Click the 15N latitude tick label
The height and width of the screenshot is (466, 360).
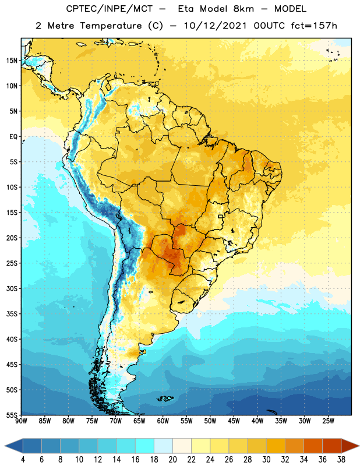coord(12,61)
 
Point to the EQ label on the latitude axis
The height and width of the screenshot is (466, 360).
coord(13,137)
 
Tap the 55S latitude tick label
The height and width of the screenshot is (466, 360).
coord(12,415)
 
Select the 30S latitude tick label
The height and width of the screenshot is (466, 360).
coord(12,288)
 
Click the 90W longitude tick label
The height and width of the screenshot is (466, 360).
coord(21,421)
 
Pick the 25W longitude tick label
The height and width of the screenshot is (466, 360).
coord(328,421)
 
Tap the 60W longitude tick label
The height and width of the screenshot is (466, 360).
coord(163,421)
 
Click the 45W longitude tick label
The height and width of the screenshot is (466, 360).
coord(234,421)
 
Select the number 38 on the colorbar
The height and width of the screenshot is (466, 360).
coord(341,460)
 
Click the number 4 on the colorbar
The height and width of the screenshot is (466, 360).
coord(23,460)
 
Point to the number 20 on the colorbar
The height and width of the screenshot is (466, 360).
coord(172,460)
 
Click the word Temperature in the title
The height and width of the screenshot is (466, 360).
coord(111,26)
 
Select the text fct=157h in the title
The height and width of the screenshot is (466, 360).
coord(314,26)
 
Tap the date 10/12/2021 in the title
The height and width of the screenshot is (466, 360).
coord(215,26)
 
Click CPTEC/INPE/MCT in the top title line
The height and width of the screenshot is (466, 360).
coord(110,9)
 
